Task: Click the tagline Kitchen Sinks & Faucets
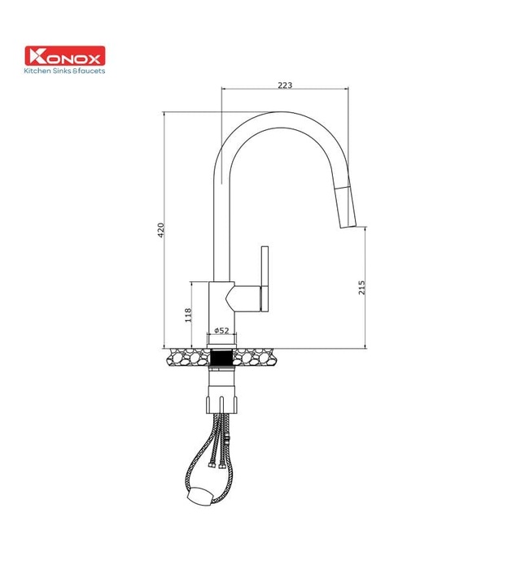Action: click(64, 71)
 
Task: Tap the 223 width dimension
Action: click(284, 85)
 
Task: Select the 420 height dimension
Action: click(161, 230)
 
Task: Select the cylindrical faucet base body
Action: click(221, 309)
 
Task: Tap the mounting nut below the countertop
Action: click(221, 398)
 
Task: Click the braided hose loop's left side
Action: click(192, 467)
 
